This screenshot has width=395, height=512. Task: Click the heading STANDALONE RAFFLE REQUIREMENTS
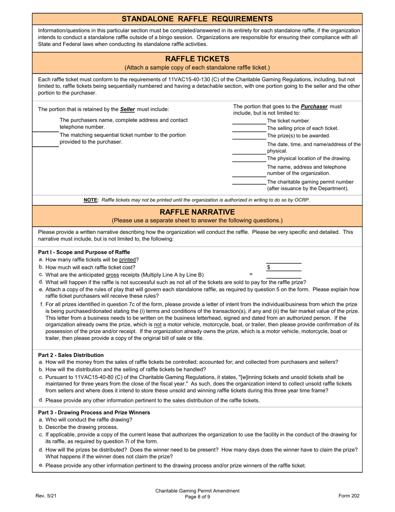(x=197, y=19)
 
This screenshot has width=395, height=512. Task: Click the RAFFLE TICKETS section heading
(x=197, y=59)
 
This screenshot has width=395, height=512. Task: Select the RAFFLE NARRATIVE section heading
(x=197, y=212)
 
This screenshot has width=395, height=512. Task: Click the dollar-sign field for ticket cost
(x=284, y=268)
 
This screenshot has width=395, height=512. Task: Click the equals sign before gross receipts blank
(x=251, y=275)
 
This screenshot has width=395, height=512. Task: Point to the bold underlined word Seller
(x=128, y=109)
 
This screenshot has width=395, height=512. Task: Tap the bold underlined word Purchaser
(x=314, y=107)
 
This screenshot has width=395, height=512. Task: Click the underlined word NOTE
(x=91, y=200)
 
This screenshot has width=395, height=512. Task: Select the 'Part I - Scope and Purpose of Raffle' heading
(x=84, y=252)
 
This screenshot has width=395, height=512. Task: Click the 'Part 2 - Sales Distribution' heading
(x=71, y=355)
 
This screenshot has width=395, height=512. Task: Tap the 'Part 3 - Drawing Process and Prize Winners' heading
(x=94, y=413)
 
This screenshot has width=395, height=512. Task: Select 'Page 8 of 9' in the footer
(x=197, y=497)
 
